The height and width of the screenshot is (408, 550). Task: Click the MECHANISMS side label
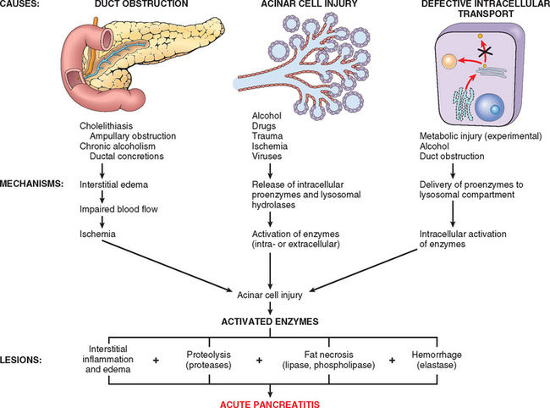coord(35,181)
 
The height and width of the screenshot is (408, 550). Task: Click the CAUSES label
coord(20,7)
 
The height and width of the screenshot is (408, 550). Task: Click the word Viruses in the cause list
coord(267,155)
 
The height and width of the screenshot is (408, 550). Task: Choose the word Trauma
coord(267,135)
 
